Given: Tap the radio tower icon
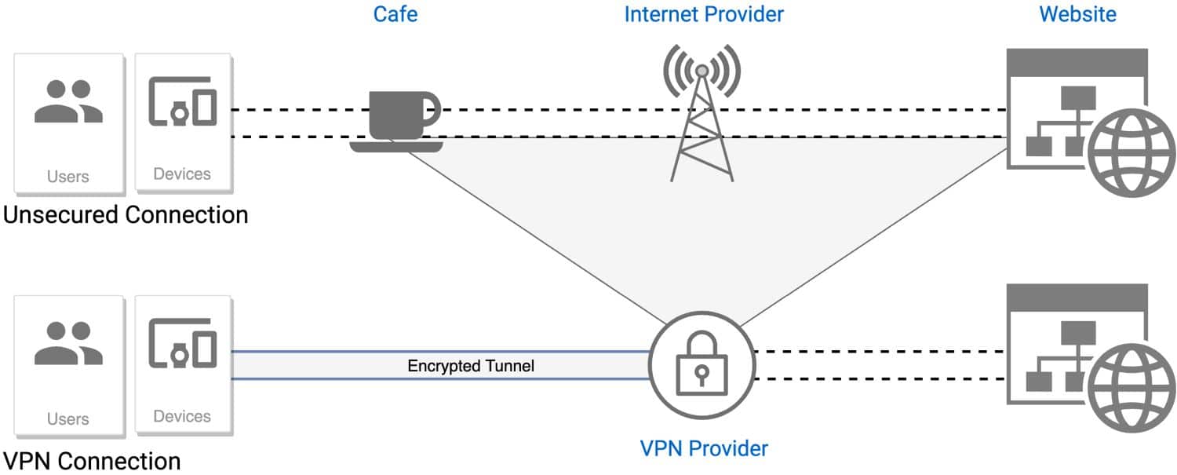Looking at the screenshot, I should point(702,118).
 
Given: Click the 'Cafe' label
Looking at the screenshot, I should point(395,14).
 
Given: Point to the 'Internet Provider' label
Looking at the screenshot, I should point(704,14).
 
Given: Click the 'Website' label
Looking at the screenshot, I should point(1077,14).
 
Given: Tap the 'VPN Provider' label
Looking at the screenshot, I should point(704,448).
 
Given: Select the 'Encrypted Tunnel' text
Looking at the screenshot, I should point(471,366).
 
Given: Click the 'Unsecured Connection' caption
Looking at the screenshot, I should point(126,214).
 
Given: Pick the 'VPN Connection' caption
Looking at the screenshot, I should point(92,460).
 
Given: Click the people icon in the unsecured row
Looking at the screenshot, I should point(68,103).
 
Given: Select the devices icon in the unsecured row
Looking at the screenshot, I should point(182,102).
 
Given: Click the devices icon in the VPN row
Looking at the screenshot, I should point(182,345).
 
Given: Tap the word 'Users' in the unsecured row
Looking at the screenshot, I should point(68,176).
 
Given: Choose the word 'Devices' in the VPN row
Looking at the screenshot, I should point(182,417).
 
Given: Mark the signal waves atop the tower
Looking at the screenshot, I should point(702,66).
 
